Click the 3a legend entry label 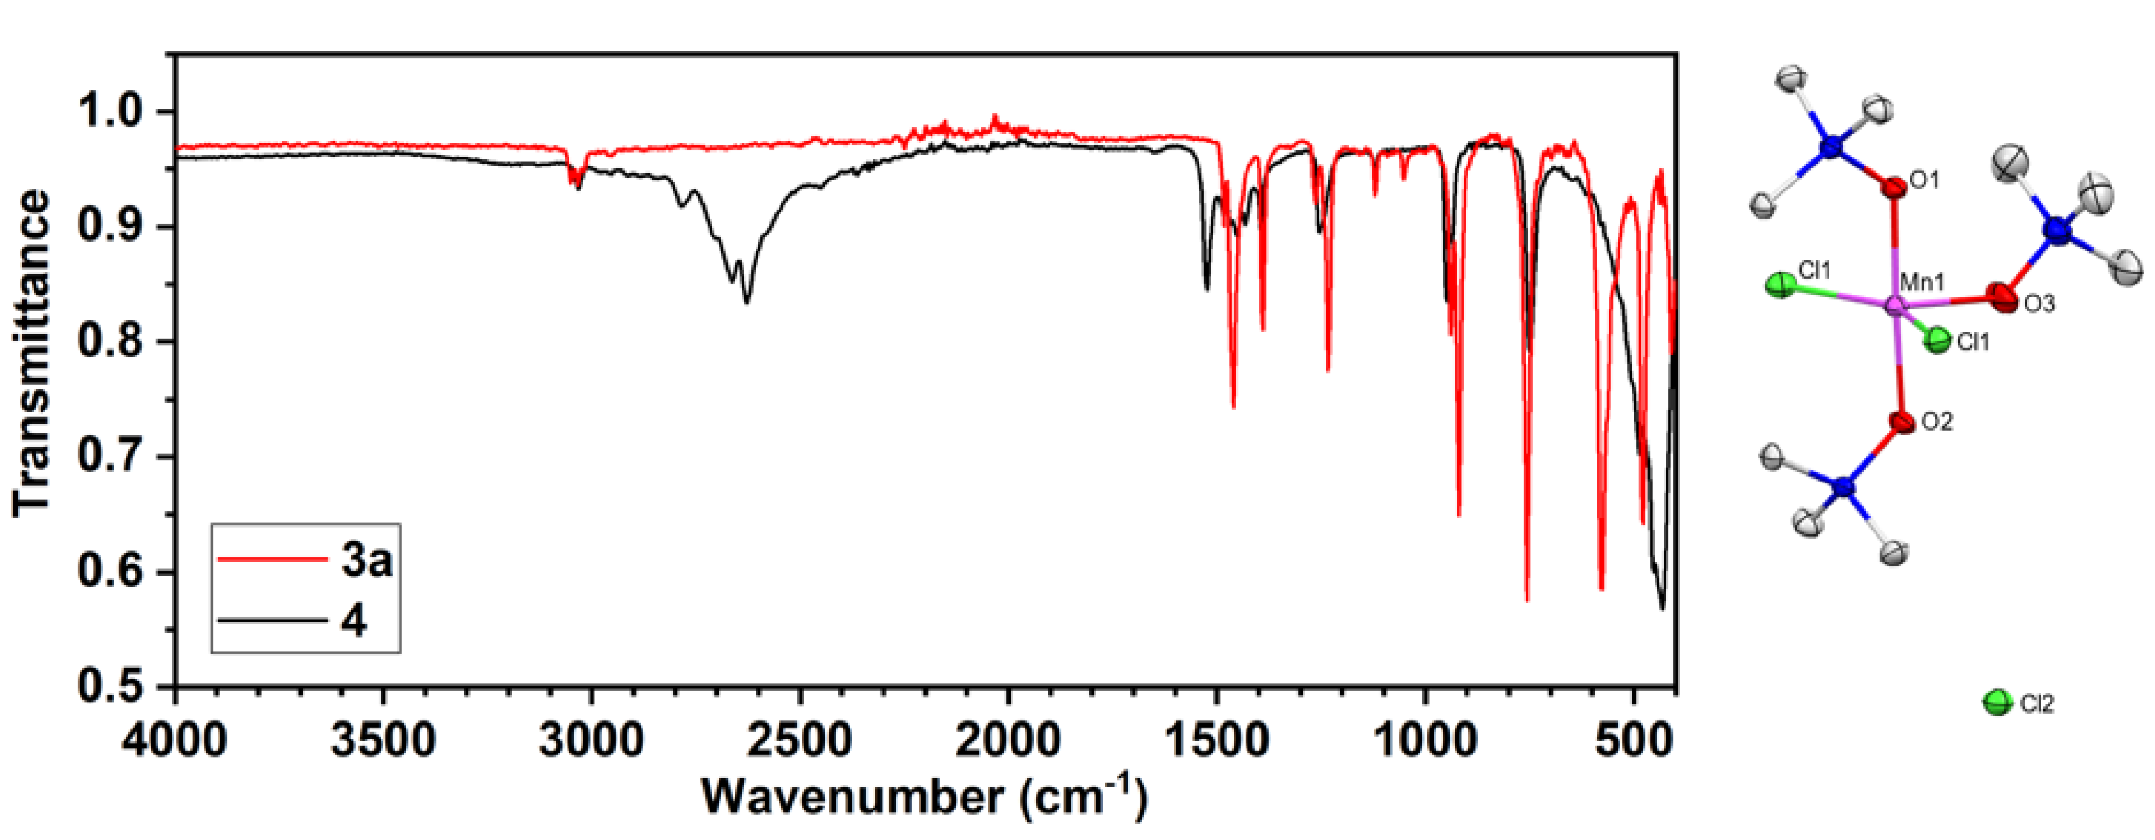pyautogui.click(x=366, y=560)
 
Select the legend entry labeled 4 pyautogui.click(x=354, y=622)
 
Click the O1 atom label pyautogui.click(x=1924, y=180)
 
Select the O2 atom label pyautogui.click(x=1937, y=422)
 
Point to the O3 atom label pyautogui.click(x=2039, y=304)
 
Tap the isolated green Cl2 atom pyautogui.click(x=1998, y=702)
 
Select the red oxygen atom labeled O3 pyautogui.click(x=2002, y=297)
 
